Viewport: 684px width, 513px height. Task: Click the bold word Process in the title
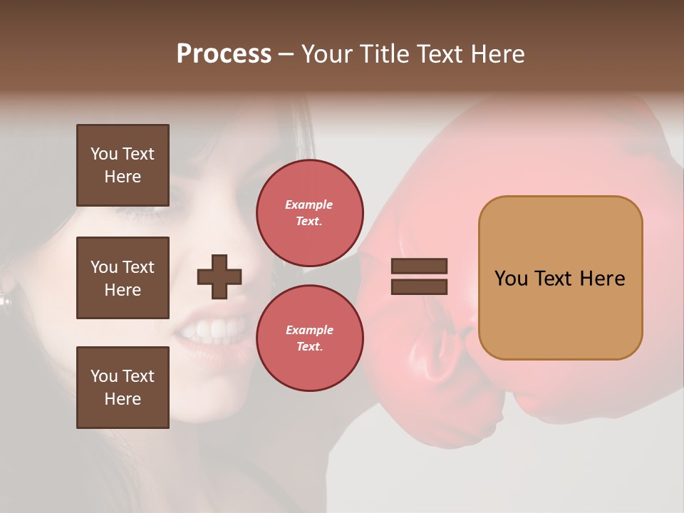click(224, 54)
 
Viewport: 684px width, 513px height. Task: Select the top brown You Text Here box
click(123, 165)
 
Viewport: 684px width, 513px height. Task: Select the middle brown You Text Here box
click(123, 278)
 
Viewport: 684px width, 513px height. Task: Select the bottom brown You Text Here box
click(123, 388)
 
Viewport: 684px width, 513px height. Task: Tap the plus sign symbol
click(219, 276)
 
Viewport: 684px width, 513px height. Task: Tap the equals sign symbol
click(420, 276)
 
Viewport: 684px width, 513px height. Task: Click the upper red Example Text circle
click(309, 212)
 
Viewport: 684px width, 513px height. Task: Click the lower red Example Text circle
click(309, 338)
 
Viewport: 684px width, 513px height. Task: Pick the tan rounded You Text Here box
click(560, 278)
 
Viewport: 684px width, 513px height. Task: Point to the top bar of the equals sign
click(420, 266)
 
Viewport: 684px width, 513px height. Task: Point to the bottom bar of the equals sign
click(420, 286)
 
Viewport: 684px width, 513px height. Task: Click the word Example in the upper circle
click(309, 204)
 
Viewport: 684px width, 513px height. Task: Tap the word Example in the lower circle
click(309, 330)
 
